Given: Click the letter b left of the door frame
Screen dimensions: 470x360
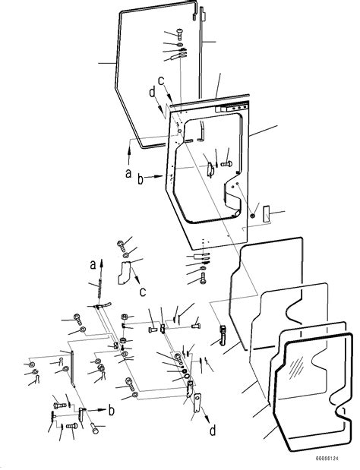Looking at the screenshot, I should pos(141,179).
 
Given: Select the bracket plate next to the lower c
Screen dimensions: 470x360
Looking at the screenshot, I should pos(125,271).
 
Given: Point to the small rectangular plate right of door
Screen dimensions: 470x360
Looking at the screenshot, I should pos(266,216).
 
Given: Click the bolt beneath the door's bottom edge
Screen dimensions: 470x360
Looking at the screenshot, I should pos(201,279).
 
